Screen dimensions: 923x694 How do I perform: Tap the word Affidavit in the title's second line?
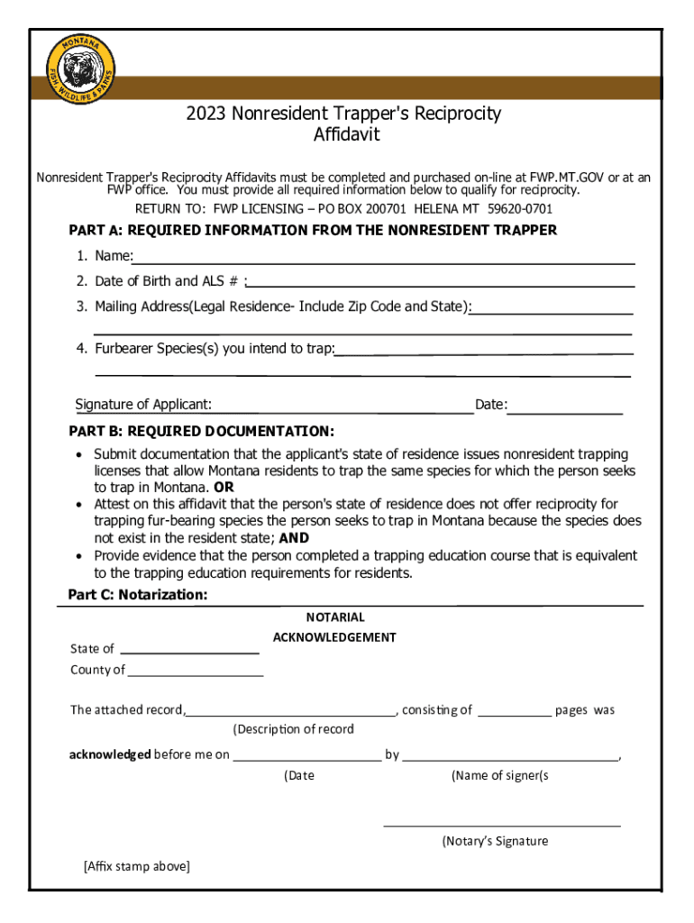[x=346, y=135]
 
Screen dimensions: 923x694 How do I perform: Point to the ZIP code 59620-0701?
[x=520, y=208]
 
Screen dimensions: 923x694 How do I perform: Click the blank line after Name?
[x=384, y=260]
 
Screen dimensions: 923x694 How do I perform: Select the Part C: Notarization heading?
[x=138, y=595]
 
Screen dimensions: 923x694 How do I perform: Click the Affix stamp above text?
[x=136, y=867]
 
